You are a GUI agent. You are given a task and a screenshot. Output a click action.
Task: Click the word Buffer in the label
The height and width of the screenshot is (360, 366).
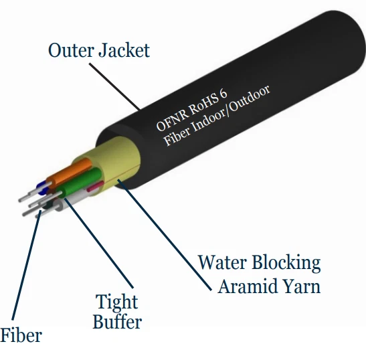117,322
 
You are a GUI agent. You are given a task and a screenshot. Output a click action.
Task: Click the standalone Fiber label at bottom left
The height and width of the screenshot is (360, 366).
21,335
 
